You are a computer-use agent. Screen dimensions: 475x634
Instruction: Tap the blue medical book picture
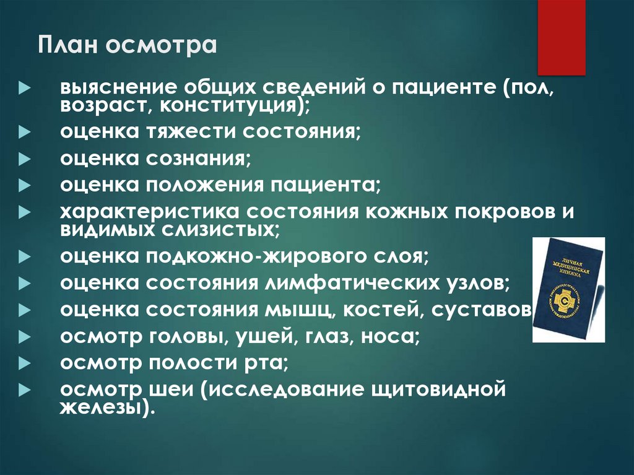tap(568, 289)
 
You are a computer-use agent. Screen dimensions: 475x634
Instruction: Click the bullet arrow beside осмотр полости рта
tap(24, 364)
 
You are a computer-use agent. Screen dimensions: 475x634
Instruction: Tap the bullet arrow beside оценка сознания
tap(24, 159)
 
